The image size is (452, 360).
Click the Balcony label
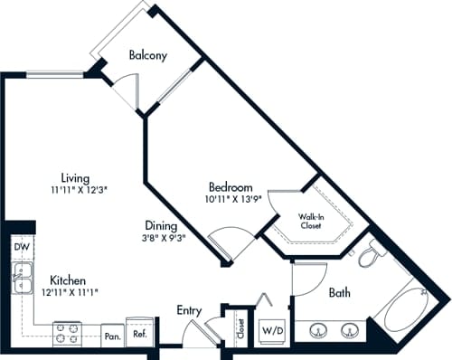148,55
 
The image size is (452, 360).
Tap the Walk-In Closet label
319,223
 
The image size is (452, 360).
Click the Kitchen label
68,279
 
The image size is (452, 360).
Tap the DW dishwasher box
22,246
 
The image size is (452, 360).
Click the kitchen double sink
22,281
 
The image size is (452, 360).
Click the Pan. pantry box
112,335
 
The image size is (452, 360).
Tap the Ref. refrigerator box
141,332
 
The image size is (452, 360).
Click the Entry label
189,310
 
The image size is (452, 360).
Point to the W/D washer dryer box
272,331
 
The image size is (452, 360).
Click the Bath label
339,292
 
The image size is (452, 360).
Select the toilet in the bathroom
370,257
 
